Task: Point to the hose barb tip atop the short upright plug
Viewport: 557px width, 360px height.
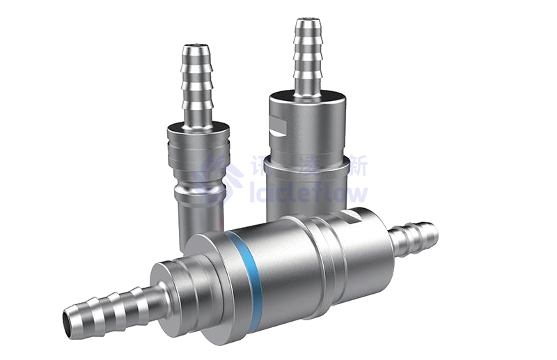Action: tap(195, 50)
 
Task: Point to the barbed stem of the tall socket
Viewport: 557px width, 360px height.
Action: tap(308, 59)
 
